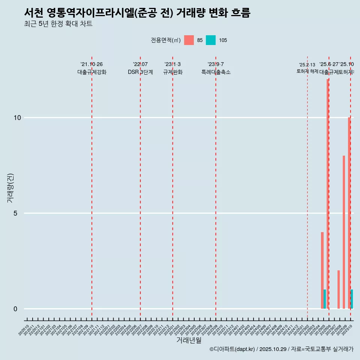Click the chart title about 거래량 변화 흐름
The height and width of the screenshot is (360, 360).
point(137,13)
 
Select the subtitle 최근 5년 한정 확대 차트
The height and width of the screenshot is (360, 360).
point(58,24)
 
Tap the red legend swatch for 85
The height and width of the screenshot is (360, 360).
point(189,40)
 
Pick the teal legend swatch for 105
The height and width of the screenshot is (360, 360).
point(211,40)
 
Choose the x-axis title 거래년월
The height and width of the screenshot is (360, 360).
point(189,340)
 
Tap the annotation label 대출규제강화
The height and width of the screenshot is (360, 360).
point(92,72)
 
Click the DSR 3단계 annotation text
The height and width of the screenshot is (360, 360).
point(140,72)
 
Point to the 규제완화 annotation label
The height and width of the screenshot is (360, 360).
point(172,72)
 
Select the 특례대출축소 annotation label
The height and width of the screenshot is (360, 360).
point(216,72)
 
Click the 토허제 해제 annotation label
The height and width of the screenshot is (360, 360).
point(307,71)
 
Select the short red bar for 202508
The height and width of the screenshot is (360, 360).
point(339,289)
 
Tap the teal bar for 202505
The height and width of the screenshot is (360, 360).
point(325,299)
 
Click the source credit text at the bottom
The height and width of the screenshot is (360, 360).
point(281,349)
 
